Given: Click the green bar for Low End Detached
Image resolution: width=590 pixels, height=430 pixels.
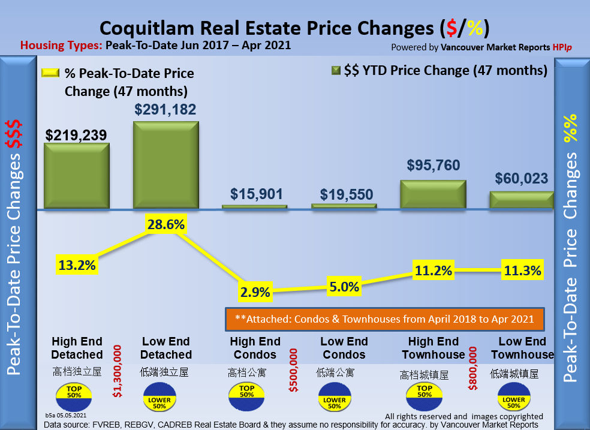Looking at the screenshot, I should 165,165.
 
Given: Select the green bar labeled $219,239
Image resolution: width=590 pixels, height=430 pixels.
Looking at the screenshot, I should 77,176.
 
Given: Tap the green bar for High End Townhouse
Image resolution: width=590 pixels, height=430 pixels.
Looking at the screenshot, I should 433,194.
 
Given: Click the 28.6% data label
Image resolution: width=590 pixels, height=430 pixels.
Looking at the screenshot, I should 165,225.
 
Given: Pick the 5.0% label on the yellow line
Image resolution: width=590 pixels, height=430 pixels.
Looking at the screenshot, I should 343,285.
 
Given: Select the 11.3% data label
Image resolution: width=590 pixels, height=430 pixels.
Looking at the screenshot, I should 521,270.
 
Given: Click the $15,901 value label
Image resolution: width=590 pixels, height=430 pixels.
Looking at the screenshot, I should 256,194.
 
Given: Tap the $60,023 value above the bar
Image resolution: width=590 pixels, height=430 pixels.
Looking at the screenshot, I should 521,178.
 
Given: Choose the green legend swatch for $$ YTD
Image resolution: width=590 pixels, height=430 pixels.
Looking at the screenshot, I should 336,71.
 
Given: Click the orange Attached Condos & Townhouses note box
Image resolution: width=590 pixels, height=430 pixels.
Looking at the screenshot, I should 384,318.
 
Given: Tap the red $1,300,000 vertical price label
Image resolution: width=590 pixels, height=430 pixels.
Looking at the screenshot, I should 118,371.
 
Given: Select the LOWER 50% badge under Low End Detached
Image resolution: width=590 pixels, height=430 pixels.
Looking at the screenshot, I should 159,398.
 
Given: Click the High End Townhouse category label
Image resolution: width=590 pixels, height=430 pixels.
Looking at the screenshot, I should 433,348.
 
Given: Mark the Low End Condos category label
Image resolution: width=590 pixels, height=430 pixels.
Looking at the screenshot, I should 344,348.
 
